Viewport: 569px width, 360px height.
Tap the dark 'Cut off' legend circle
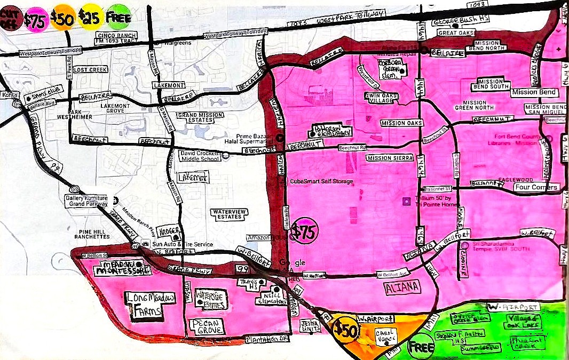[10, 18]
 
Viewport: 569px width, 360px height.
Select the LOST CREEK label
[90, 70]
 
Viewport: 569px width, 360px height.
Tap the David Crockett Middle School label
[200, 156]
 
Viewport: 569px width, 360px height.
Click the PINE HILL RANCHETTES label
[92, 233]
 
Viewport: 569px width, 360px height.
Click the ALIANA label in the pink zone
[402, 288]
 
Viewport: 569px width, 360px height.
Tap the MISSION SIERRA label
[390, 158]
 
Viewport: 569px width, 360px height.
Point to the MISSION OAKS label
[401, 123]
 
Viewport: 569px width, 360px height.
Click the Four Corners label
[536, 187]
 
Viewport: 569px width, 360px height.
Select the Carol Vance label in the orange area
[385, 335]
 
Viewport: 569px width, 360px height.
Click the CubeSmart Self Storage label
[321, 181]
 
